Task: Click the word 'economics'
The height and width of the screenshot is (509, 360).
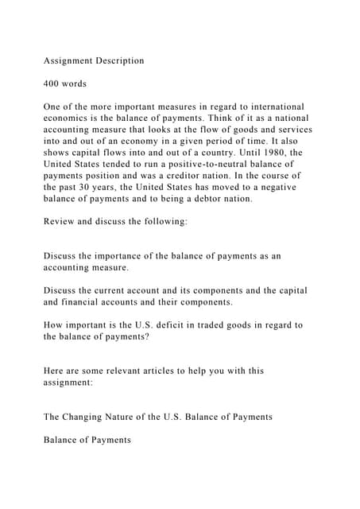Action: click(x=69, y=118)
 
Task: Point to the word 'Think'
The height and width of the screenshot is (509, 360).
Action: click(x=213, y=118)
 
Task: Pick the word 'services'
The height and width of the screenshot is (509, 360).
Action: click(x=291, y=130)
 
